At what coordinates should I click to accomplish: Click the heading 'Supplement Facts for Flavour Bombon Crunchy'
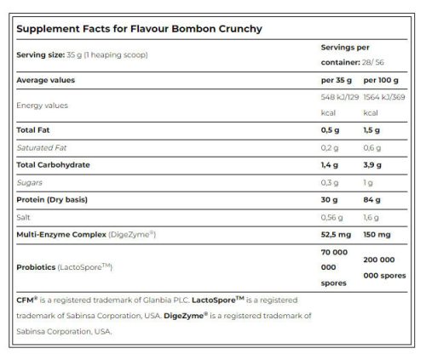(x=139, y=29)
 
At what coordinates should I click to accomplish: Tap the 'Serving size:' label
(x=39, y=55)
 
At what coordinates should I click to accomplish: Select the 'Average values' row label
(x=46, y=80)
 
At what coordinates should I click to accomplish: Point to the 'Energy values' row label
(x=43, y=106)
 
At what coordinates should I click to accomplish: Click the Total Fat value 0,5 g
(x=331, y=130)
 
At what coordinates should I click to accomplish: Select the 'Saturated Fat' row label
(x=42, y=146)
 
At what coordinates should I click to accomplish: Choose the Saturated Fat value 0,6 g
(x=372, y=146)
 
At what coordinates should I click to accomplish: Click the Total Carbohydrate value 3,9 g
(x=373, y=163)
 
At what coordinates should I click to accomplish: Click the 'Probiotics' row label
(x=38, y=266)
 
